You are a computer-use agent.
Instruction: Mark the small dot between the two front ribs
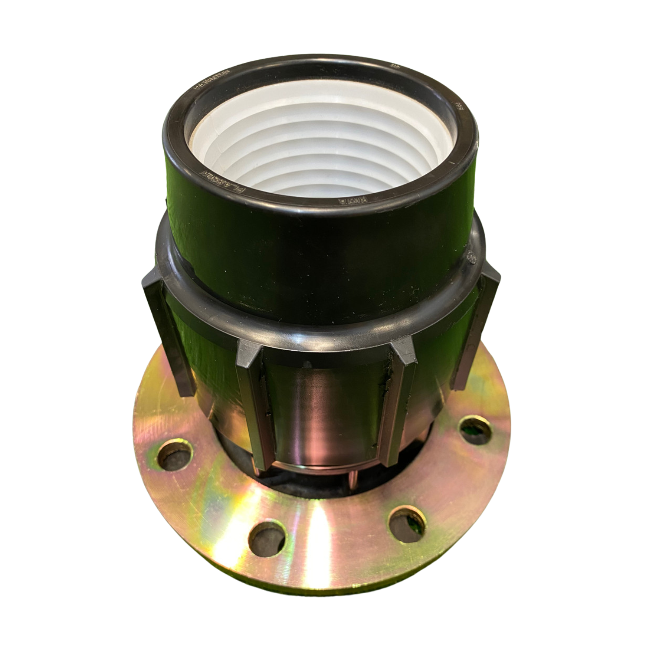click(x=307, y=363)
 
